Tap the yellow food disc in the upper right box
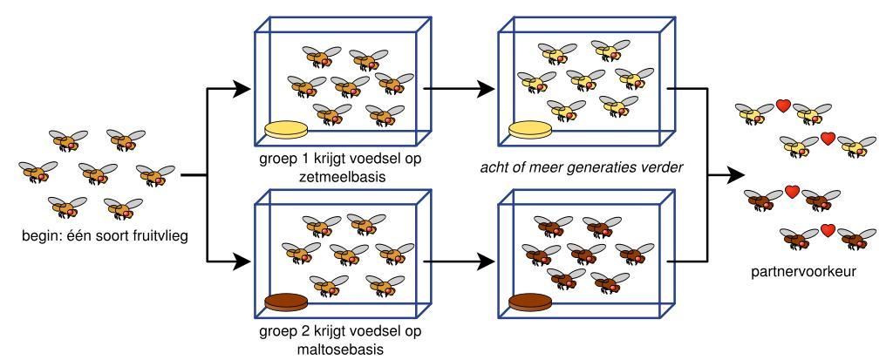click(532, 130)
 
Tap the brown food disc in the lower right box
click(532, 302)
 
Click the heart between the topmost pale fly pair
click(784, 107)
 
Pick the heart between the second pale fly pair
click(828, 138)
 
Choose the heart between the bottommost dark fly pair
click(828, 231)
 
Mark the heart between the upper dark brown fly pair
click(793, 191)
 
